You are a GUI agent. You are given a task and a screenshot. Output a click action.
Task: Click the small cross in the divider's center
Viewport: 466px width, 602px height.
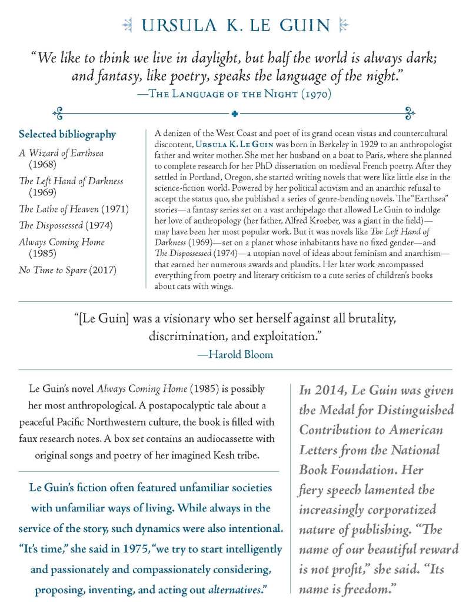[234, 112]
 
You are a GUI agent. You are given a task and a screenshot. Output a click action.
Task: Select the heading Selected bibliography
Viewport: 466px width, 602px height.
[67, 135]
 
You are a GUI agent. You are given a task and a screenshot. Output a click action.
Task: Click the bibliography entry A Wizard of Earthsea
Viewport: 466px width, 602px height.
[61, 153]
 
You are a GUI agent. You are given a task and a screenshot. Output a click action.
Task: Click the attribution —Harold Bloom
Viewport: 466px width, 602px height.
[235, 354]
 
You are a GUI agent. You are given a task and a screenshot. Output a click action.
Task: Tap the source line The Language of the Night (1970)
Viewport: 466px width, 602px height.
[233, 92]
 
